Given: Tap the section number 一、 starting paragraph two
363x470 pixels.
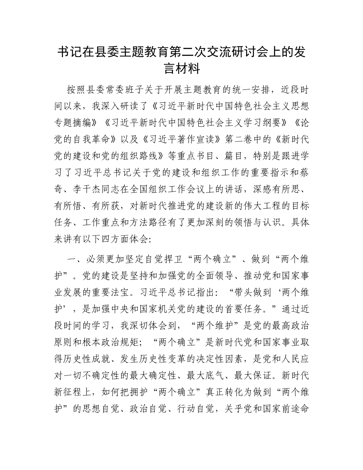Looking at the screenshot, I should click(x=73, y=259).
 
